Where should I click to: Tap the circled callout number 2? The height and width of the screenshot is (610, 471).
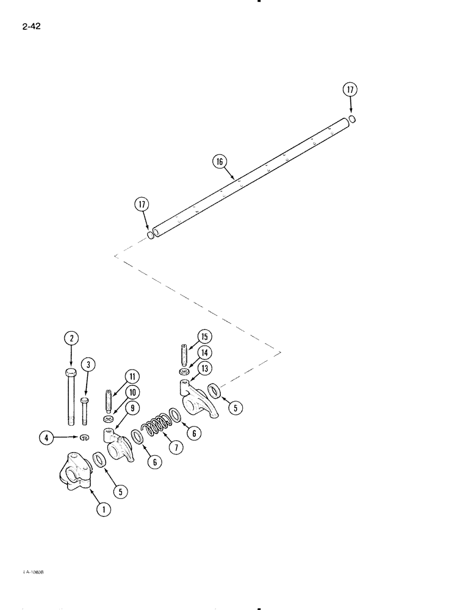(71, 337)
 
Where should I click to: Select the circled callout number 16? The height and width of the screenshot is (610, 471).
(220, 162)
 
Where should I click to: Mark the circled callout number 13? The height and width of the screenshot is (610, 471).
(204, 368)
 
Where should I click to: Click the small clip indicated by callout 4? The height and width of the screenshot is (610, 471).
(84, 437)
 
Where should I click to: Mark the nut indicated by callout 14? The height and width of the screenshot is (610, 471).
(183, 371)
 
